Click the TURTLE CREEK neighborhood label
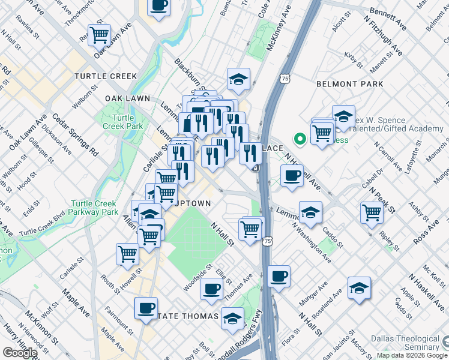coord(106,76)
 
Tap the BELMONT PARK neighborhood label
coord(349,84)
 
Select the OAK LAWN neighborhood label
coord(127,98)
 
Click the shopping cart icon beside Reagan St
coord(99,34)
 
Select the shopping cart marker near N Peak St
coord(372,211)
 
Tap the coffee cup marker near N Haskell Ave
coord(292,175)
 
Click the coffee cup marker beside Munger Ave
coord(279,276)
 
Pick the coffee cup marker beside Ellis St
coord(211,289)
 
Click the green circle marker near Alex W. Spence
coord(300,140)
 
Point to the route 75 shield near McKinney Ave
coord(285,78)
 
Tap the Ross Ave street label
coord(428,235)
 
